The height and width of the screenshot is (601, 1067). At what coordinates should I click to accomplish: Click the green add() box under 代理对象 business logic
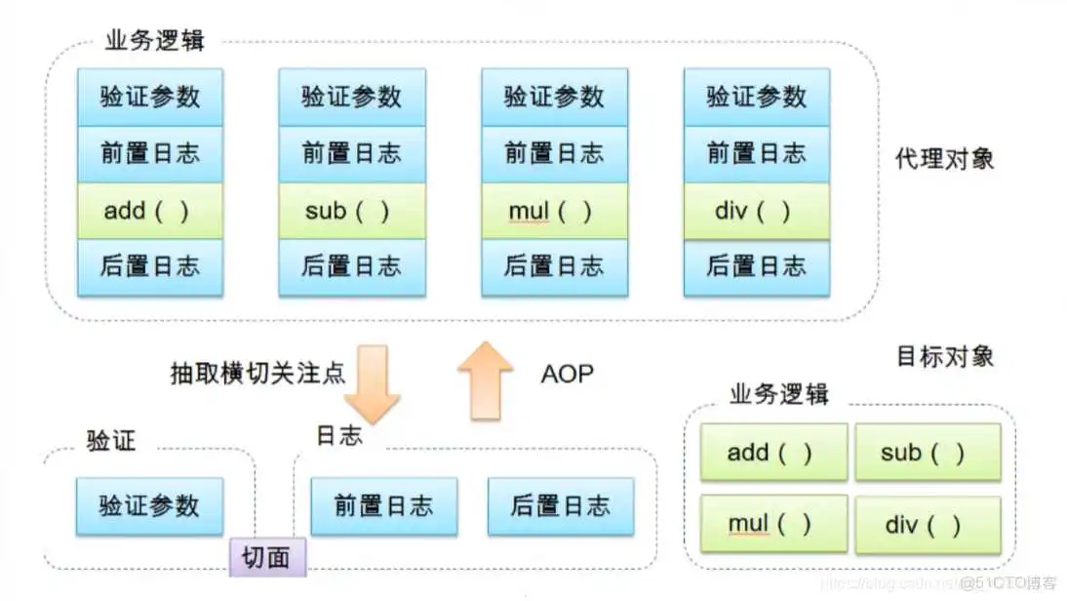(x=150, y=211)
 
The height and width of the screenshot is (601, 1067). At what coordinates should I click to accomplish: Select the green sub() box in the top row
(x=351, y=211)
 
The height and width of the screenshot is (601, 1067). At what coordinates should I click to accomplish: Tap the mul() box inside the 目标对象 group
(x=772, y=524)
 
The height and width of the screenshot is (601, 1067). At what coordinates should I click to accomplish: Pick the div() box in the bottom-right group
(x=928, y=524)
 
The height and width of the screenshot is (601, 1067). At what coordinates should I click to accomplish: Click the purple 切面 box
(x=266, y=557)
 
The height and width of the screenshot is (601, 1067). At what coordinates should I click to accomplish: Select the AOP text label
(x=566, y=373)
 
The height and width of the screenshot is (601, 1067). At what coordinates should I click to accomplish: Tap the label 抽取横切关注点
(x=257, y=373)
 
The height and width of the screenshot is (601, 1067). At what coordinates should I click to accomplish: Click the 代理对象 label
(x=944, y=159)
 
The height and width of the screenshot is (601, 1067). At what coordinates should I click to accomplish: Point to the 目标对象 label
(x=944, y=356)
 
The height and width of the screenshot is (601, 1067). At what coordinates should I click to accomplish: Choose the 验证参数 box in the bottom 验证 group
(x=149, y=505)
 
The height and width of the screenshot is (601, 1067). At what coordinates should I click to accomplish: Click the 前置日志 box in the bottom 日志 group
(x=383, y=505)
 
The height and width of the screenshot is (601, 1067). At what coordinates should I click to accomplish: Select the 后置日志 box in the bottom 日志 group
(x=561, y=505)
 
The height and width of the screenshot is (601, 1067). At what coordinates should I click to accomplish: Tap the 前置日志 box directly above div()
(x=756, y=153)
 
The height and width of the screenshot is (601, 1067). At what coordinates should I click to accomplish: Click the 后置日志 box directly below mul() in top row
(x=554, y=266)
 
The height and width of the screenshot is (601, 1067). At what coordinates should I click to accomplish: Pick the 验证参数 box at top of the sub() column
(x=351, y=97)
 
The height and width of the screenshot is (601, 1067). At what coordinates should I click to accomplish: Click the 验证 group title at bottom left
(x=111, y=440)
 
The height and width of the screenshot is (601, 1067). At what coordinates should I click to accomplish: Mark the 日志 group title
(x=338, y=436)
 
